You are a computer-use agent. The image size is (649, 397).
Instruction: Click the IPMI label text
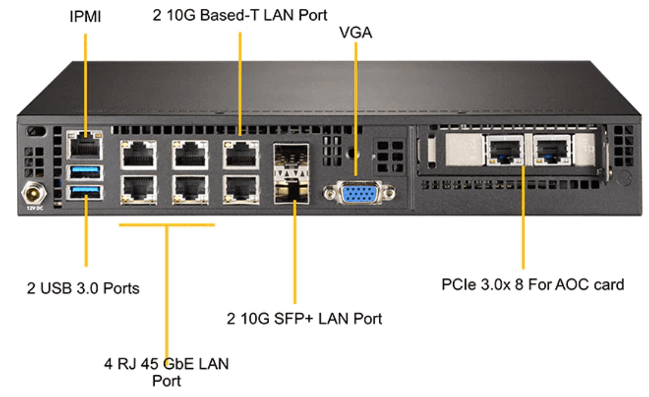pos(86,17)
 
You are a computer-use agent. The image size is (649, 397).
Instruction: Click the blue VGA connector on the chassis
pos(358,193)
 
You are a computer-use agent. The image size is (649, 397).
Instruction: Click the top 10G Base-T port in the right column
pos(241,155)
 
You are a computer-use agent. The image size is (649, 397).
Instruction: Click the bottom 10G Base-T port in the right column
pos(241,189)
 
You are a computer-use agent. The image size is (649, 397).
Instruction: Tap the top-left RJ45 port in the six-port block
pos(137,155)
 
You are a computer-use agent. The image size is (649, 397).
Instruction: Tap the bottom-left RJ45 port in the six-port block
pos(137,189)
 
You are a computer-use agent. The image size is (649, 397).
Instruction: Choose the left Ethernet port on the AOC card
pos(504,150)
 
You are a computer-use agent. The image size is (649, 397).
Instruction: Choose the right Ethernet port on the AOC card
pos(552,150)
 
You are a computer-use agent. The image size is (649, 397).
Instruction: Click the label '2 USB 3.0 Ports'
pos(83,288)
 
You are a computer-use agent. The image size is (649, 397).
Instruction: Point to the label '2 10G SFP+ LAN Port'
pos(304,319)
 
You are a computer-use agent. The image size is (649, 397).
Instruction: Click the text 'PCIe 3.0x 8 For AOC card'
pos(532,285)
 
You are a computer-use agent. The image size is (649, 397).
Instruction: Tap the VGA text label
pos(356,33)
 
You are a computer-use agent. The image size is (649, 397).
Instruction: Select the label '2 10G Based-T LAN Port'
pos(240,15)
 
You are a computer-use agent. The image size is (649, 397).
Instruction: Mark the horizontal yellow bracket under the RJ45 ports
pos(167,225)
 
